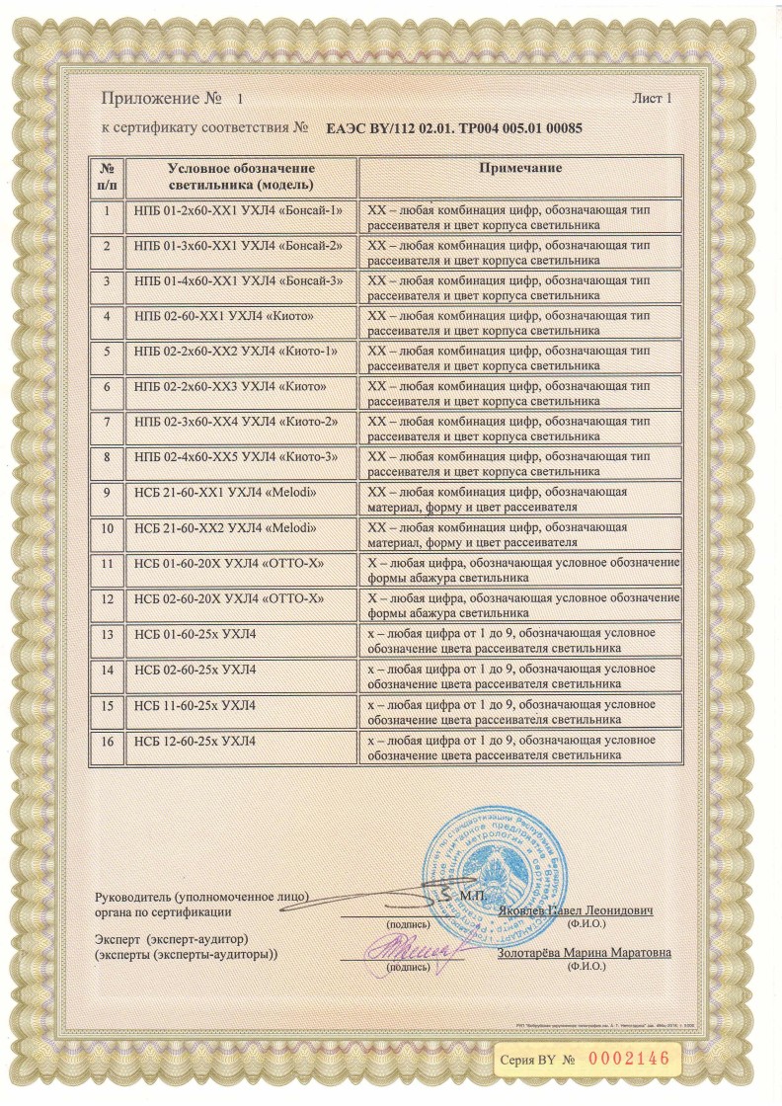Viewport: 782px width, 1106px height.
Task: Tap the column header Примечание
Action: coord(520,169)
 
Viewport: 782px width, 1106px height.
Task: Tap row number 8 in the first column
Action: coord(107,457)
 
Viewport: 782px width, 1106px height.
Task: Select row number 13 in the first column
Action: coord(107,634)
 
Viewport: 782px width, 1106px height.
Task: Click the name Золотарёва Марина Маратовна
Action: coord(584,953)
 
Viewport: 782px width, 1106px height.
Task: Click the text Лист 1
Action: coord(651,99)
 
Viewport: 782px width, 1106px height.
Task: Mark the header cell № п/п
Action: coord(107,176)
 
